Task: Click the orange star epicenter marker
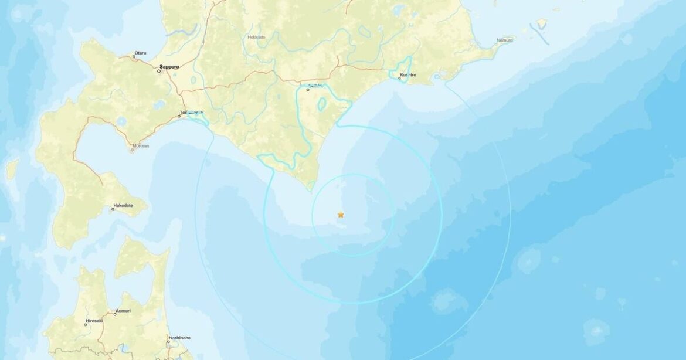[x=341, y=215]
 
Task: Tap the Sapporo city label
[x=169, y=67]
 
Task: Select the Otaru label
[x=140, y=53]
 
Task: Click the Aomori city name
[x=123, y=310]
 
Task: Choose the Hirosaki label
[x=94, y=321]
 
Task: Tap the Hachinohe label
[x=178, y=338]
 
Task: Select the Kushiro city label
[x=408, y=75]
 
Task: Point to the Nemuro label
[x=505, y=39]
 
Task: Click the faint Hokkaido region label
[x=257, y=37]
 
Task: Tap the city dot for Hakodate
[x=113, y=209]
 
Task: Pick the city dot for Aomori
[x=115, y=314]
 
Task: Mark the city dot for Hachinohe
[x=168, y=342]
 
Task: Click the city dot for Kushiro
[x=399, y=79]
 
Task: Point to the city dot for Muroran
[x=131, y=151]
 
